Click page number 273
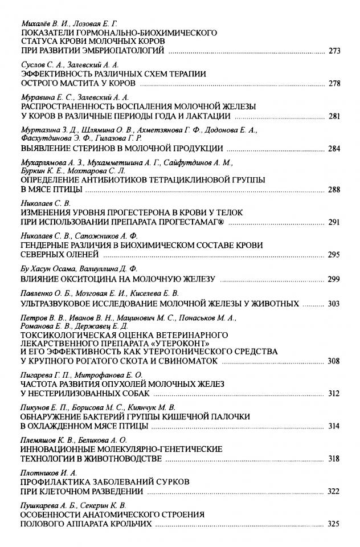click(334, 51)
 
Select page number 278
click(334, 83)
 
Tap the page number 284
click(334, 149)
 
